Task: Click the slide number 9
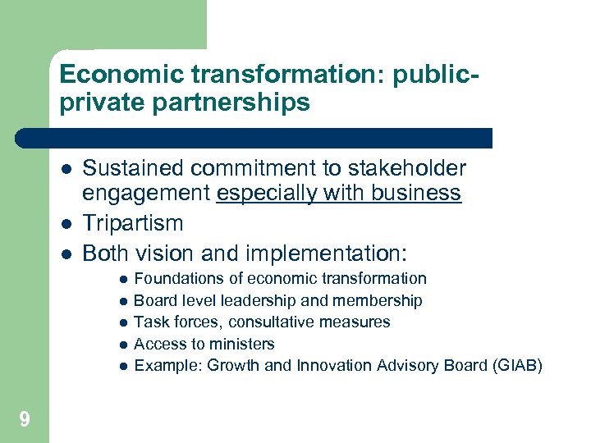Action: [x=25, y=420]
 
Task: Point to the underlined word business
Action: [x=419, y=194]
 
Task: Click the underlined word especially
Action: [x=261, y=194]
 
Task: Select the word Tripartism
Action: [x=133, y=223]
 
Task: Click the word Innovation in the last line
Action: [x=336, y=365]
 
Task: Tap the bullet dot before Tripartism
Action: [x=65, y=223]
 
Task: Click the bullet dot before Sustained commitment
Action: [x=65, y=170]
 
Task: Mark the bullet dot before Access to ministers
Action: [x=121, y=345]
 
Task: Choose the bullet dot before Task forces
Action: [x=121, y=322]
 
